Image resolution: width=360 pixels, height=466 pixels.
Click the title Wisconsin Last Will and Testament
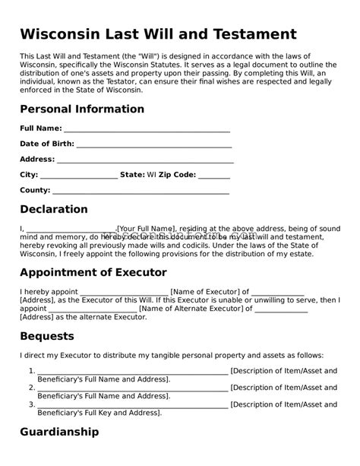tap(158, 34)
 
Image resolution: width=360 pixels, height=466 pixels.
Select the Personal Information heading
tap(82, 109)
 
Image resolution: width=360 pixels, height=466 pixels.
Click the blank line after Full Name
tap(147, 130)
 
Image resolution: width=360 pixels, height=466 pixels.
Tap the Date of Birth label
tap(46, 144)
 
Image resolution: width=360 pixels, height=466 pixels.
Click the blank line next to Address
tap(145, 160)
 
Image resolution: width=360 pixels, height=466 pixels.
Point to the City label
tap(28, 175)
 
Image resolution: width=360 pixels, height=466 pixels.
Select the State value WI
tap(152, 175)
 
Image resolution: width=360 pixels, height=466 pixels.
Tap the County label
tap(35, 190)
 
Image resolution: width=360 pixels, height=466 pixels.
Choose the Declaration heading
tap(54, 209)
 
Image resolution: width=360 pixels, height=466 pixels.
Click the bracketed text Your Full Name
tap(147, 228)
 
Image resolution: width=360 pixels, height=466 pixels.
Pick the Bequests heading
tap(47, 335)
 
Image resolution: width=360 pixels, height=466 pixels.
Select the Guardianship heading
tap(59, 432)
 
